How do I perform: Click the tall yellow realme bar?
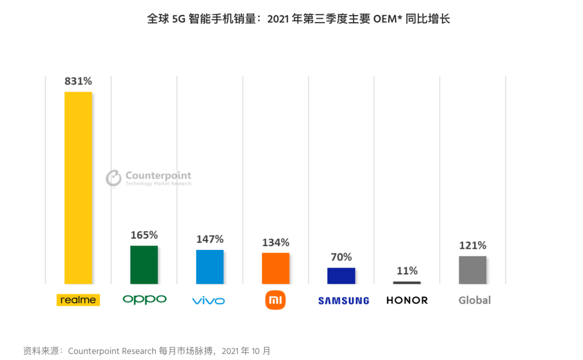78,188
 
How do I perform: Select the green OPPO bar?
144,264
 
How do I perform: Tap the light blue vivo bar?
210,267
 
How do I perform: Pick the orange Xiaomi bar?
276,268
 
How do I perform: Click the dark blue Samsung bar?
341,276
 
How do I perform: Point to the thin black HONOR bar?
407,282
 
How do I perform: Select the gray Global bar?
473,270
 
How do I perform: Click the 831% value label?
78,81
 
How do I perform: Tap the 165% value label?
144,235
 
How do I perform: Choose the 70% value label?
341,257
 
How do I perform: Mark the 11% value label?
407,270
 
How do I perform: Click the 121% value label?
473,245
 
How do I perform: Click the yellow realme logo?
78,300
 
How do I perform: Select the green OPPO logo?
145,300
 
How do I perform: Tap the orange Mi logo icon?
275,300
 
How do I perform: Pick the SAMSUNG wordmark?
344,301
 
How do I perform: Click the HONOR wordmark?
407,301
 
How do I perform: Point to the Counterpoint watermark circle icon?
113,178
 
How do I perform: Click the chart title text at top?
299,19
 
